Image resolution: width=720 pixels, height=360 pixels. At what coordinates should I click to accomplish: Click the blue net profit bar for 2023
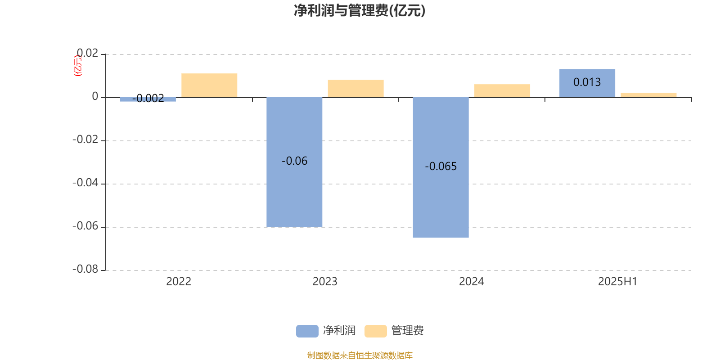click(x=294, y=162)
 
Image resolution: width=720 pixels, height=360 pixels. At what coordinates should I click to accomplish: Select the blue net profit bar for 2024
click(x=441, y=167)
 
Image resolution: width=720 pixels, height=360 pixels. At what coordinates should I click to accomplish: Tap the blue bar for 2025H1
click(x=587, y=83)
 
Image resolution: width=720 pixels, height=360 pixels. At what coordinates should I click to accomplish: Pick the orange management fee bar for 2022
click(x=209, y=85)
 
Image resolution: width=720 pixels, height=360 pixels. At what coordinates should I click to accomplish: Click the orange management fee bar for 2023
click(x=356, y=89)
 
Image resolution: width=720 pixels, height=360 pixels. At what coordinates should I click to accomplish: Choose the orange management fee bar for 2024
click(x=502, y=90)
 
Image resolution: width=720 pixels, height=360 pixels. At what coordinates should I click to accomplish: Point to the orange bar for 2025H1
click(x=648, y=95)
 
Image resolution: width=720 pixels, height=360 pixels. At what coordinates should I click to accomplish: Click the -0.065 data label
click(x=441, y=166)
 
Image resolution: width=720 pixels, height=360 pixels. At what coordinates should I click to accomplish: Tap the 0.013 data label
click(x=587, y=82)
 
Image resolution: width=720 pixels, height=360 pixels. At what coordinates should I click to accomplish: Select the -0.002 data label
click(x=148, y=99)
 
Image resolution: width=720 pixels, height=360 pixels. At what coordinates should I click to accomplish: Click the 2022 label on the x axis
click(x=179, y=282)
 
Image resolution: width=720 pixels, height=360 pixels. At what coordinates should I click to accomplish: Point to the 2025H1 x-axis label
click(x=618, y=282)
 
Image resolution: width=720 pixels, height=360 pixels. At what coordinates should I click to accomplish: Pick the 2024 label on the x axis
click(x=472, y=282)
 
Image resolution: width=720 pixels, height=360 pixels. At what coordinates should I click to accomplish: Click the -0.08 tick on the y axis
click(x=85, y=270)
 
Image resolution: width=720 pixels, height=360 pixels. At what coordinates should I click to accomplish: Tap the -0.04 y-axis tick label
click(x=85, y=183)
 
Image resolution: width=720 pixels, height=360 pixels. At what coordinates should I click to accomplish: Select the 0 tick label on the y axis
click(x=95, y=96)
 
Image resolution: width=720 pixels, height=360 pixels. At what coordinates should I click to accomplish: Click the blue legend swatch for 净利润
click(x=307, y=331)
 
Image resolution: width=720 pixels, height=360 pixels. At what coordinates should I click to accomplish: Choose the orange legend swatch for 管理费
click(x=376, y=331)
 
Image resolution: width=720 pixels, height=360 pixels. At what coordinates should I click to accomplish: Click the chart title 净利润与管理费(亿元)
click(x=360, y=11)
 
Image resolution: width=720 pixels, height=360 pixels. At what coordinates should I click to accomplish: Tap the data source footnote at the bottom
click(x=360, y=355)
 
